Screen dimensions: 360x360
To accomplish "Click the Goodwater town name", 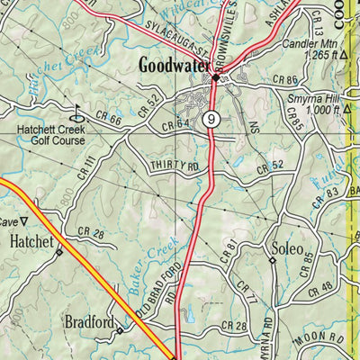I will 175,65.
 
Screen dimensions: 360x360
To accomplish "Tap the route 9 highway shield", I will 210,118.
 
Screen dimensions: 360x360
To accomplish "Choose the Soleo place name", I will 286,246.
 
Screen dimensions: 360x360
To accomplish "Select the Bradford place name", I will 88,320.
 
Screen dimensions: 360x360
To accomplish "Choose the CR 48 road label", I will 319,289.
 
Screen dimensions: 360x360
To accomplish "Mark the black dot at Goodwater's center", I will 215,78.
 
